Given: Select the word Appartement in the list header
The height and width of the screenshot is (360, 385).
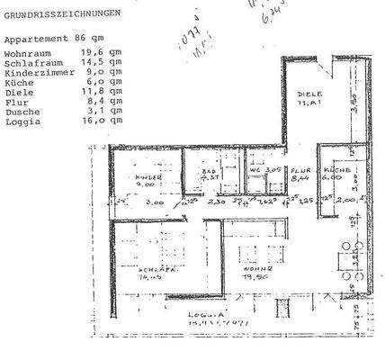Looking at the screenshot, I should coord(35,40).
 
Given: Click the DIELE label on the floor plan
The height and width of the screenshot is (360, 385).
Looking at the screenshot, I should coord(310,94).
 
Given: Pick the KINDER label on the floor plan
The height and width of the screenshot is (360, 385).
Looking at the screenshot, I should coord(148,178).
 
